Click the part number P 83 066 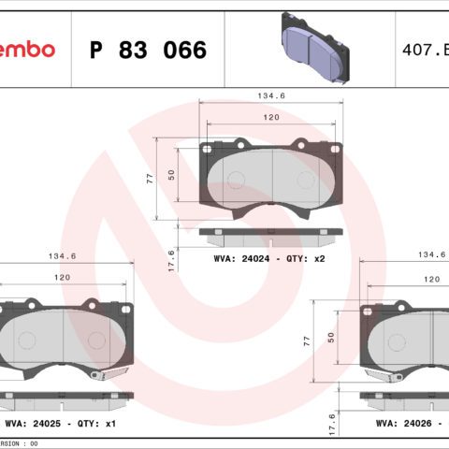[x=147, y=50]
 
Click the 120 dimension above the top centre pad [x=271, y=119]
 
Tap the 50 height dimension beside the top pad [x=171, y=174]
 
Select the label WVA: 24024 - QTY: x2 [x=268, y=257]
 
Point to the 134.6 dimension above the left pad [x=61, y=254]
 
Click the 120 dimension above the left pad [x=61, y=279]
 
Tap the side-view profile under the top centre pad [x=271, y=230]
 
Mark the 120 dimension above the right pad [x=431, y=279]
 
